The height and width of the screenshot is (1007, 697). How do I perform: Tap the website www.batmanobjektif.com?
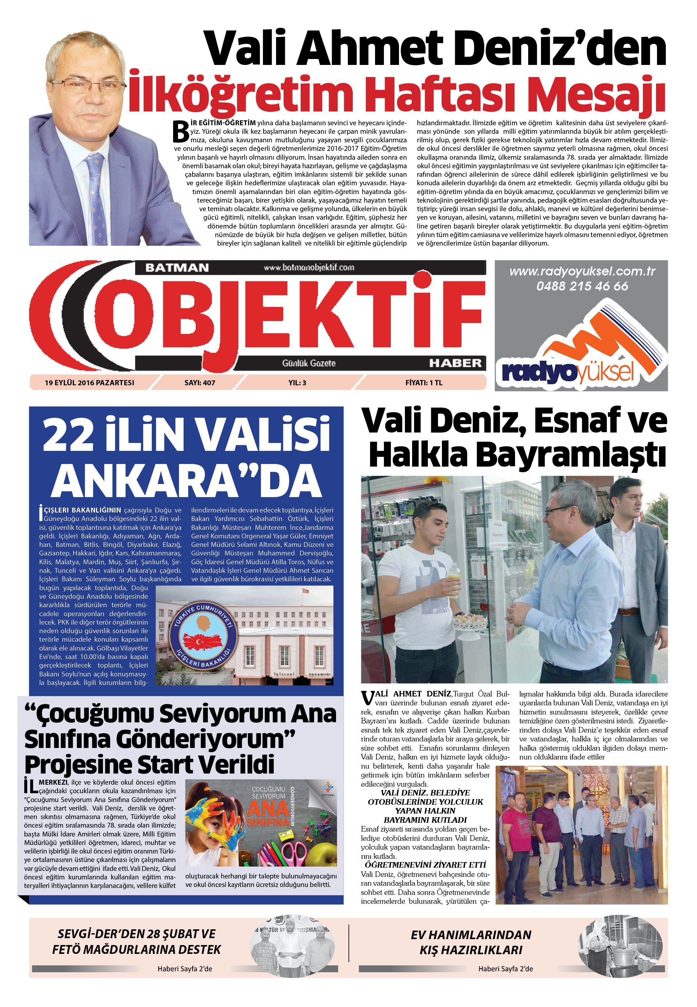pos(309,267)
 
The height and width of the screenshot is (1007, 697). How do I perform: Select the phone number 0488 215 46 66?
pos(582,287)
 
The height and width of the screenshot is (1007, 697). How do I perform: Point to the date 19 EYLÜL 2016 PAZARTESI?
pos(90,383)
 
